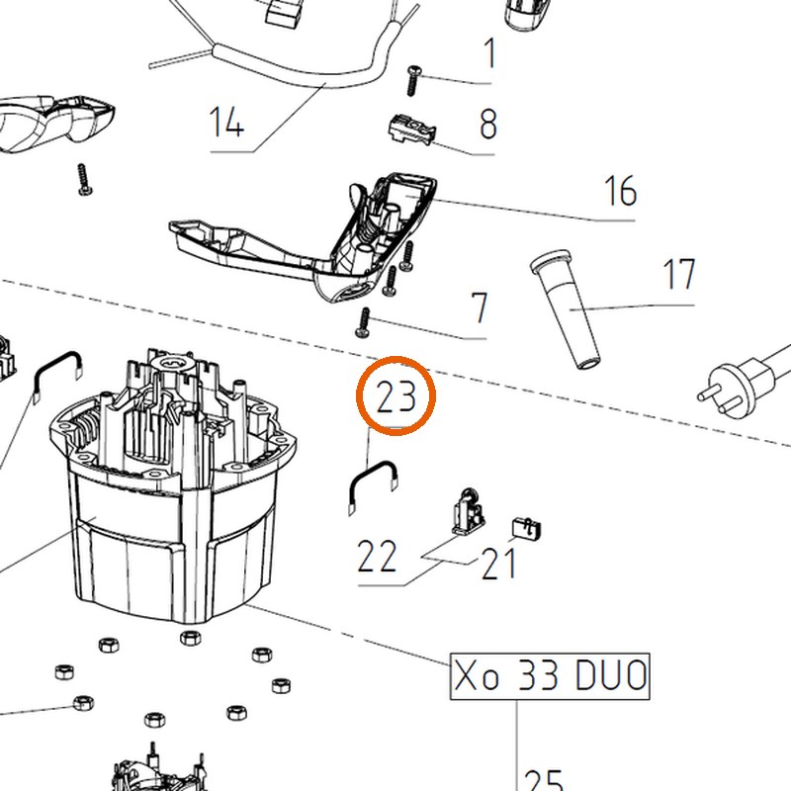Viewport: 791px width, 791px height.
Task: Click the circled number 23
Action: coord(396,396)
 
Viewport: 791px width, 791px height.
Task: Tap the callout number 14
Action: coord(226,122)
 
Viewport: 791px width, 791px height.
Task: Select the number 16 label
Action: coord(620,191)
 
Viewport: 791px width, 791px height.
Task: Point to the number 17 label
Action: coord(678,274)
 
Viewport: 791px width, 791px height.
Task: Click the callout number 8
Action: coord(487,125)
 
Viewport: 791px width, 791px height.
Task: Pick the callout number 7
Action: coord(480,308)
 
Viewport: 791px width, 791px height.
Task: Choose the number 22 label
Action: coord(377,556)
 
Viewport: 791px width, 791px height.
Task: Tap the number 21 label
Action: coord(498,563)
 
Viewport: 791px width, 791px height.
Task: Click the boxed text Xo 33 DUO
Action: coord(550,676)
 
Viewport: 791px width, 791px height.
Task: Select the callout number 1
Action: coord(489,52)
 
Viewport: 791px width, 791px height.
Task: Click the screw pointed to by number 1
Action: coord(413,80)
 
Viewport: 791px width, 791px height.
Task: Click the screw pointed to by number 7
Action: coord(363,323)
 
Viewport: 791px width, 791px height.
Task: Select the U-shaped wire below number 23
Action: coord(373,484)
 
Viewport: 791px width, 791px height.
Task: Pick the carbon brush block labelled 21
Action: coord(527,528)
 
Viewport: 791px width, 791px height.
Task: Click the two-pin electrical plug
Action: coord(742,381)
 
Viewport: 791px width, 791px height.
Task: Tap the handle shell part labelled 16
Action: coord(303,237)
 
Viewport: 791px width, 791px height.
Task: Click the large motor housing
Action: coord(172,484)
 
